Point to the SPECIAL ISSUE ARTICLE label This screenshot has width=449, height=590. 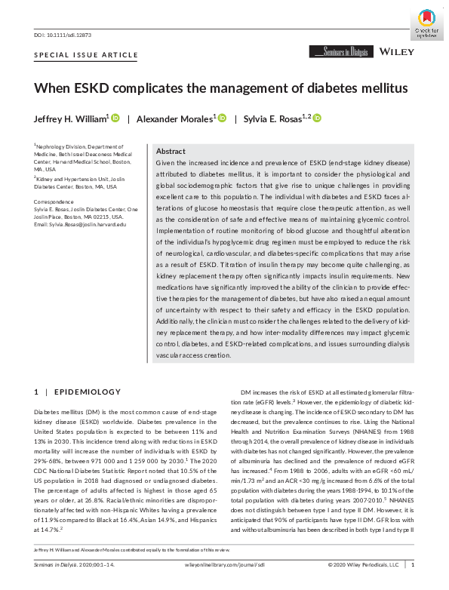tap(86, 55)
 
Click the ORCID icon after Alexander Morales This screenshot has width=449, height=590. tap(222, 118)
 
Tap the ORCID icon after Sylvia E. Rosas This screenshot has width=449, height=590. tap(317, 118)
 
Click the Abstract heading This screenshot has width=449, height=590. tap(171, 152)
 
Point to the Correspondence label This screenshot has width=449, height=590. tap(56, 201)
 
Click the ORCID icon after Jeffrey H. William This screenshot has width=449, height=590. tap(115, 118)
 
